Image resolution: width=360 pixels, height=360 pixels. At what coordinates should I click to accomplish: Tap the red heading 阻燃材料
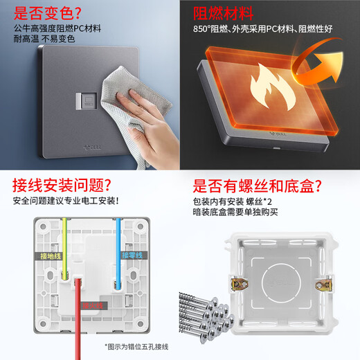pos(222,13)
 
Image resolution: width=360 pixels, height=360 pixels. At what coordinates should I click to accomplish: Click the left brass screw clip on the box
pos(240,282)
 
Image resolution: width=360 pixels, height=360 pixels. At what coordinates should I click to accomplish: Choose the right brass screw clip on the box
pos(321,284)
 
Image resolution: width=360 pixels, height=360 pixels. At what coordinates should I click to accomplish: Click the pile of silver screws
pos(208,315)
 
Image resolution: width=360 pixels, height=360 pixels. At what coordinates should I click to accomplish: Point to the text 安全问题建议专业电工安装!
pos(66,201)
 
